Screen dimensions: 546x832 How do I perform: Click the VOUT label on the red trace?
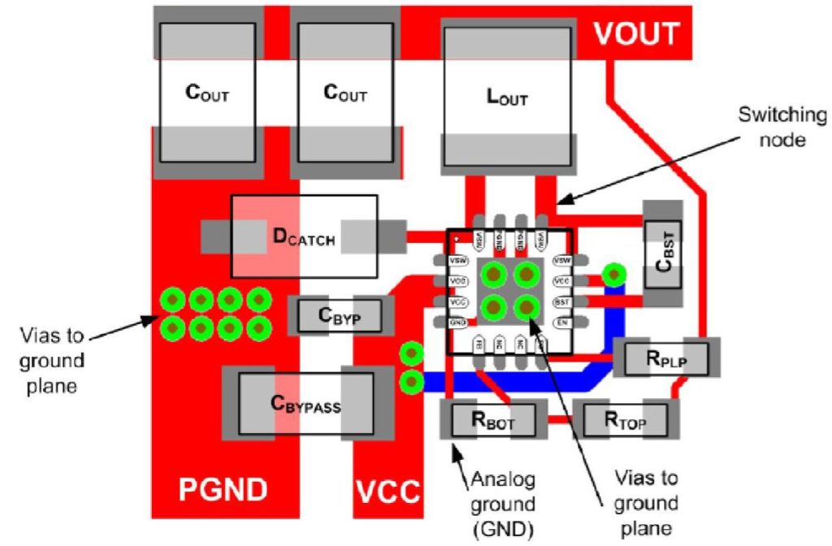point(636,33)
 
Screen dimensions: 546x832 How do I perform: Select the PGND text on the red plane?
point(222,491)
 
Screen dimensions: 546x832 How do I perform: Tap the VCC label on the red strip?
point(388,491)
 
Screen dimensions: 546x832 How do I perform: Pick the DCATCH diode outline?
point(304,236)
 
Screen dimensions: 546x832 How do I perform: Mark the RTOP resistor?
point(624,419)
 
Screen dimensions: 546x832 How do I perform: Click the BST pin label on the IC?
point(561,301)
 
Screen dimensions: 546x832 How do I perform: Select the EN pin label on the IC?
point(561,323)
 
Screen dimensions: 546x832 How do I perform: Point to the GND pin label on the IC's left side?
point(458,323)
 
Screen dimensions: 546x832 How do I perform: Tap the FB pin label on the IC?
point(479,344)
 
